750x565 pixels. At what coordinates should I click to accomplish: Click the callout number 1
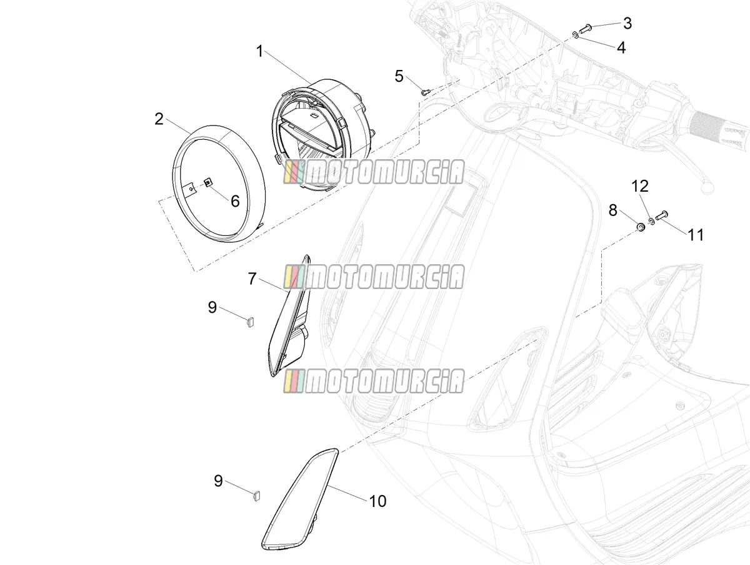point(260,52)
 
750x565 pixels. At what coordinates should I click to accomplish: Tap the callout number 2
point(159,119)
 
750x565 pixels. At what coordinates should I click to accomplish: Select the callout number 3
point(627,23)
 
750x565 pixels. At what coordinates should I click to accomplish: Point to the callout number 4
point(621,47)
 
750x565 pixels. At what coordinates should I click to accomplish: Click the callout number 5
point(399,76)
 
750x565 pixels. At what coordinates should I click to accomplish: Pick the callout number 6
point(235,201)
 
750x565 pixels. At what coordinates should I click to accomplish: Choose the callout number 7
point(252,278)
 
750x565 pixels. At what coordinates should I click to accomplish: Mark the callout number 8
point(613,210)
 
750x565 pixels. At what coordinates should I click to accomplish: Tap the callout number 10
point(377,501)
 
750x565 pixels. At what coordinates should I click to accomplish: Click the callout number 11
point(696,235)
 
